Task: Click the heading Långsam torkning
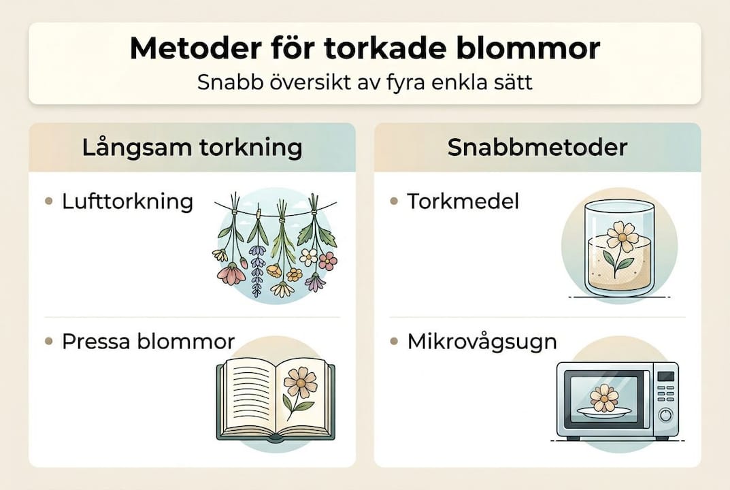192,148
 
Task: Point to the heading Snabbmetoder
537,148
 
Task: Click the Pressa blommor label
148,341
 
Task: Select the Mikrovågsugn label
482,341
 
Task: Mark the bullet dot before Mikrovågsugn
394,341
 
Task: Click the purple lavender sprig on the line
257,269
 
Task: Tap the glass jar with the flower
609,248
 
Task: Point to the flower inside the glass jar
622,238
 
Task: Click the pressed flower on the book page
300,384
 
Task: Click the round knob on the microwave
665,414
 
